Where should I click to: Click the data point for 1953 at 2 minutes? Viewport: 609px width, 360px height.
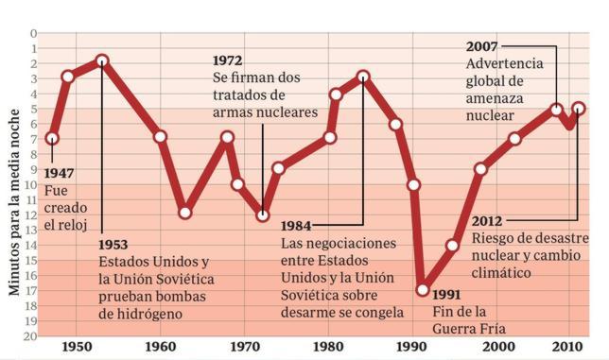(102, 61)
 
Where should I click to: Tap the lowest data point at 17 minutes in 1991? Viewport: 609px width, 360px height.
(423, 289)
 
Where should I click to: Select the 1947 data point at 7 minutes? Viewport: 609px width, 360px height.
(52, 138)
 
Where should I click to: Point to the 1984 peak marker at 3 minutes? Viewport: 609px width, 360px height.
(363, 77)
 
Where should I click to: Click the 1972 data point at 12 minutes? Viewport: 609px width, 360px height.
(263, 214)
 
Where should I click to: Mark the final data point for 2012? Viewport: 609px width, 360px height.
(578, 109)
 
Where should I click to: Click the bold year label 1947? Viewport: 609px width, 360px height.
(61, 174)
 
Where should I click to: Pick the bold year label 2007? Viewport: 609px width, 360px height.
(484, 46)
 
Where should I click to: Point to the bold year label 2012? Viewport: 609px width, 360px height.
(490, 221)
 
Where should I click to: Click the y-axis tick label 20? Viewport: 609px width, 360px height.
(32, 334)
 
